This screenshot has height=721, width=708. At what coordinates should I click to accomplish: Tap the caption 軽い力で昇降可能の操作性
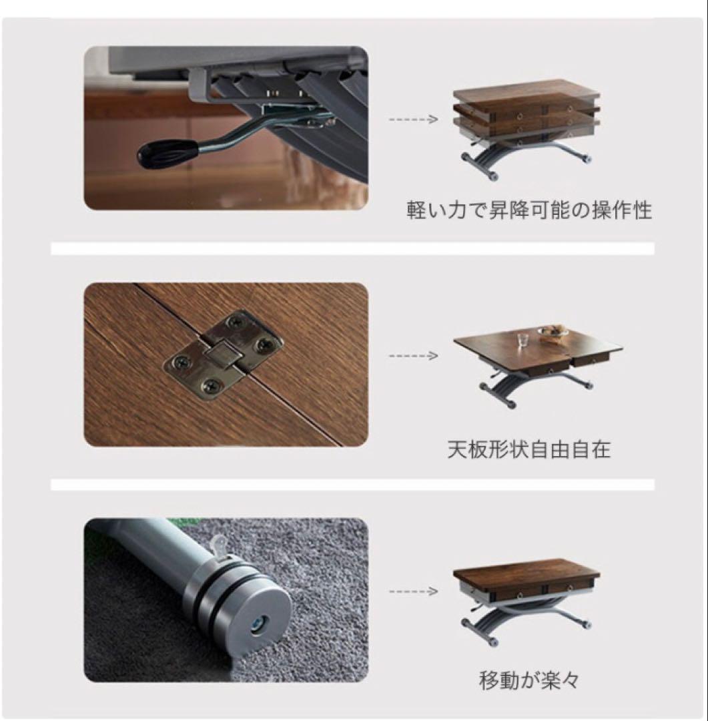click(529, 210)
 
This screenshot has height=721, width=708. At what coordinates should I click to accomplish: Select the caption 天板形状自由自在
click(528, 449)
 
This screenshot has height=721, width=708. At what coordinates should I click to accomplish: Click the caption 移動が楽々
click(529, 680)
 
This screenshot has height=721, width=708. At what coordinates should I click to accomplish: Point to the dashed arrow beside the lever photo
click(414, 119)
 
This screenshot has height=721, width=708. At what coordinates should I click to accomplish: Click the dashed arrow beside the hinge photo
click(414, 356)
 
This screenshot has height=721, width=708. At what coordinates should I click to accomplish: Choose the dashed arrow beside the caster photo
click(414, 591)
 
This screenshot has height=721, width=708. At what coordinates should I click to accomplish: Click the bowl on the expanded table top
click(552, 332)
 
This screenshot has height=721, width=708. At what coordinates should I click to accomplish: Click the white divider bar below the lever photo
click(352, 248)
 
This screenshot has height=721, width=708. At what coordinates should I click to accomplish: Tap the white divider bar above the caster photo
click(352, 484)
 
